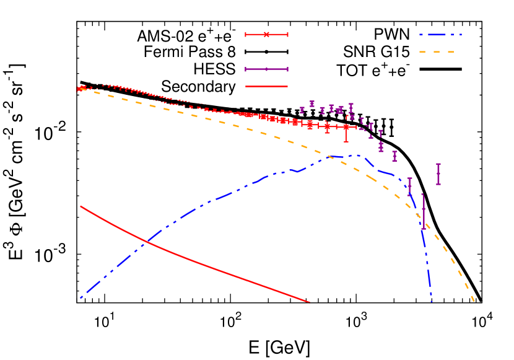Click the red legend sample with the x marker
(x=266, y=35)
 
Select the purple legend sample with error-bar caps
(x=266, y=69)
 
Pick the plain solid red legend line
(x=266, y=87)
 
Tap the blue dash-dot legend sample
(x=440, y=35)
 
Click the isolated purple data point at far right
(x=438, y=174)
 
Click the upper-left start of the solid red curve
(x=81, y=206)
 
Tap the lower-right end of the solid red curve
(x=308, y=302)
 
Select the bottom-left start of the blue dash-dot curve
(x=81, y=298)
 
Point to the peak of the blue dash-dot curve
(x=358, y=155)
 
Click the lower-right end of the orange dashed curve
(x=474, y=302)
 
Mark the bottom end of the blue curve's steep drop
(x=432, y=302)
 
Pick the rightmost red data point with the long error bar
(x=346, y=127)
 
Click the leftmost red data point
(x=79, y=89)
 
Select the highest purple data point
(x=312, y=103)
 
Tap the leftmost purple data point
(x=302, y=110)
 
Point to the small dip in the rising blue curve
(x=298, y=171)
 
